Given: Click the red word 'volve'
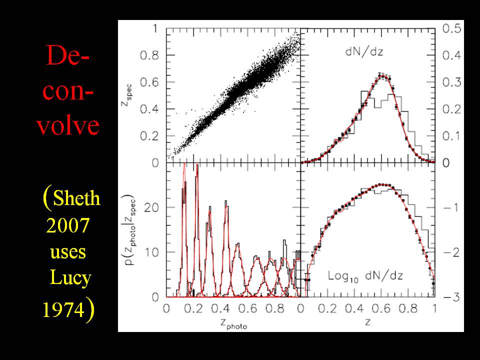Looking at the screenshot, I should point(67,126).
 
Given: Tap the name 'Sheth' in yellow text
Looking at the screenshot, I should point(76,199).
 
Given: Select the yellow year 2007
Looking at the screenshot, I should point(67,226).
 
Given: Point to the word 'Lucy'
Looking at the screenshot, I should point(69,277).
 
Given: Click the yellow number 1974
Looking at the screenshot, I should point(63,310).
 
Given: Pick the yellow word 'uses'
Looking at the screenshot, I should point(68,251).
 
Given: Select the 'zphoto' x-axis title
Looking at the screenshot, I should point(232,323).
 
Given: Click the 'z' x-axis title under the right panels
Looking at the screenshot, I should point(367,323).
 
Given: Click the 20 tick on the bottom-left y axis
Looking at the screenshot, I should point(155,207).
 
